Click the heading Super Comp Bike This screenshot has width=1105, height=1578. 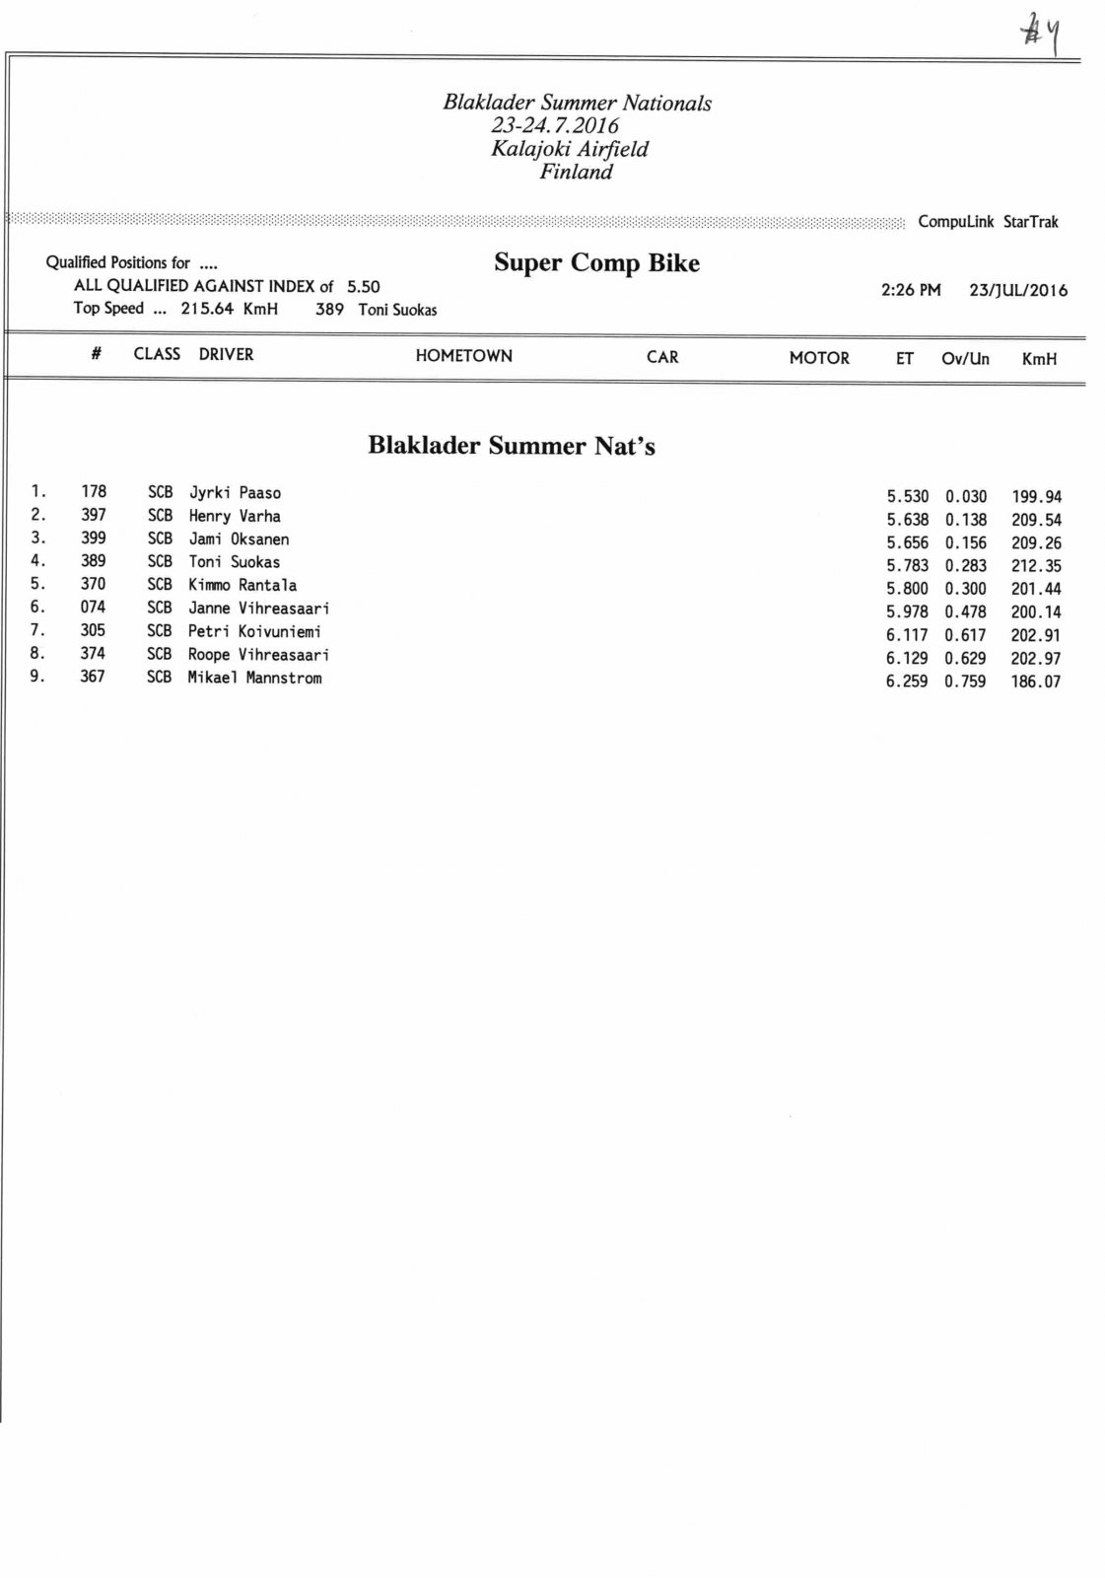click(x=596, y=263)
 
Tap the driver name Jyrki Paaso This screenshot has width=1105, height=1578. click(x=235, y=493)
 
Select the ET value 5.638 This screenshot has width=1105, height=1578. click(x=907, y=520)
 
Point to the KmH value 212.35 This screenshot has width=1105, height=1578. click(x=1036, y=566)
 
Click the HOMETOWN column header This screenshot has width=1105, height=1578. click(x=463, y=356)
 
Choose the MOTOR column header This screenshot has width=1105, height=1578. click(x=819, y=358)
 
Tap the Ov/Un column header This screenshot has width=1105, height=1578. click(x=965, y=359)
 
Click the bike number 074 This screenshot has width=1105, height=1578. click(x=93, y=608)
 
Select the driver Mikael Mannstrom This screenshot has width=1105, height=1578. click(x=254, y=679)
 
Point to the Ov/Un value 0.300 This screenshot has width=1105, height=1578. click(x=965, y=589)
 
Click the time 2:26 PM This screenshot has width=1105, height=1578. click(x=911, y=291)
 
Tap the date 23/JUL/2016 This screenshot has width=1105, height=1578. click(x=1018, y=291)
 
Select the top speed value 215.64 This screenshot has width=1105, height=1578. click(x=207, y=309)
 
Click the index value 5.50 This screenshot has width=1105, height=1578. click(x=363, y=287)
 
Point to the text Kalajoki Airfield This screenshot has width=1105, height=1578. click(x=570, y=149)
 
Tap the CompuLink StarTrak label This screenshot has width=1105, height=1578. click(x=988, y=222)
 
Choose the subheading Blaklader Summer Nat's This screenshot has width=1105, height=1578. click(x=512, y=446)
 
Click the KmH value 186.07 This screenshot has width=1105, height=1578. click(x=1035, y=681)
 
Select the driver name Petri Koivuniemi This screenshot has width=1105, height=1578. click(x=254, y=632)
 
